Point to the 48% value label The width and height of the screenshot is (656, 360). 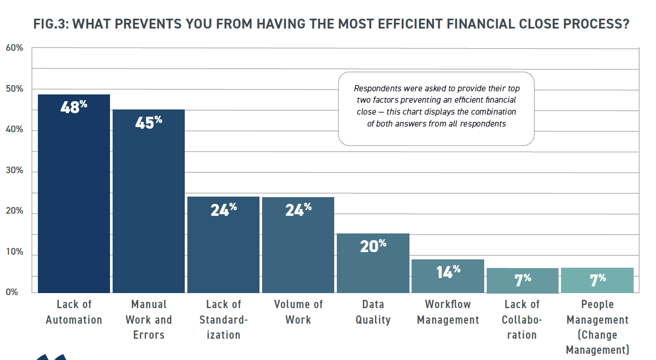pyautogui.click(x=74, y=107)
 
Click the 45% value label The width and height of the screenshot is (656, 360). pyautogui.click(x=148, y=122)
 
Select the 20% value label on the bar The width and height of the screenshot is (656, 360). pyautogui.click(x=373, y=246)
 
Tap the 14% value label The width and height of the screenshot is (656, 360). pyautogui.click(x=447, y=271)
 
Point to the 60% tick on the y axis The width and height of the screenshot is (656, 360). pyautogui.click(x=15, y=48)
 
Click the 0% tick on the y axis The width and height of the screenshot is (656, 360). pyautogui.click(x=12, y=292)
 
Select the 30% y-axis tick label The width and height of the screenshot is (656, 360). pyautogui.click(x=15, y=170)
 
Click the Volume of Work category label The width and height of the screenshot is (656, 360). pyautogui.click(x=298, y=312)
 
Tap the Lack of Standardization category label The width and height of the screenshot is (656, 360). pyautogui.click(x=223, y=320)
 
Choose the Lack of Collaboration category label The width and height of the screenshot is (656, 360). pyautogui.click(x=522, y=320)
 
